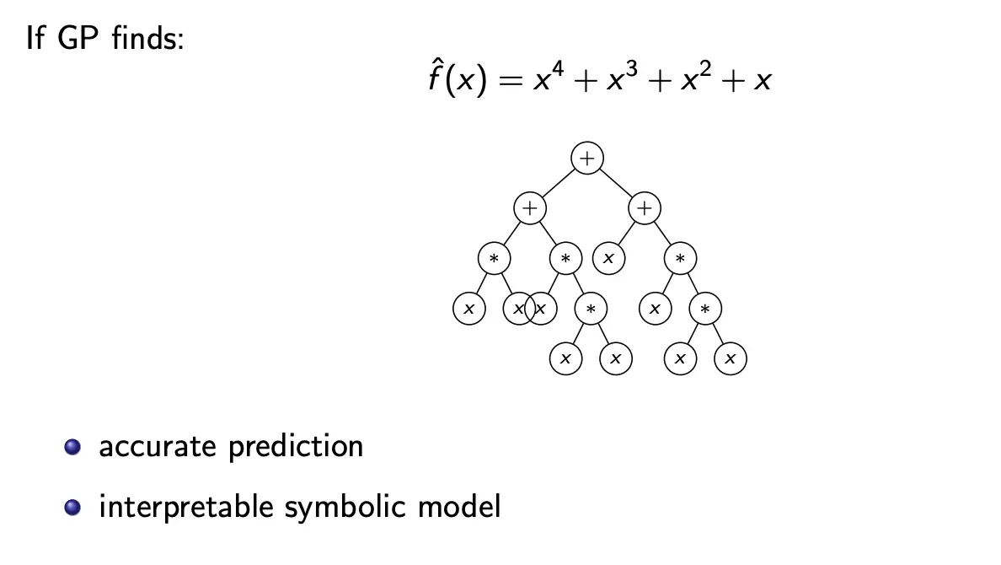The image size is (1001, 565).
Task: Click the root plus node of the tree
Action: (x=587, y=157)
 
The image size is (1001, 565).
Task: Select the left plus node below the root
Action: (x=529, y=207)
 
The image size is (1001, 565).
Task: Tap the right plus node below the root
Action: (x=645, y=207)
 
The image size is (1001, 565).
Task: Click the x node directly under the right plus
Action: (x=608, y=258)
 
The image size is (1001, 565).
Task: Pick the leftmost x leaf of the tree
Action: (x=469, y=309)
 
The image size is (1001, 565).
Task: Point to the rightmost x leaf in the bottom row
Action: (x=731, y=359)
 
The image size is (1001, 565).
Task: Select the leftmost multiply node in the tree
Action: (x=494, y=258)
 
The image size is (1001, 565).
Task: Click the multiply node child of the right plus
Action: (x=680, y=258)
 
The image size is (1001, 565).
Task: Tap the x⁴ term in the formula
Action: (x=549, y=81)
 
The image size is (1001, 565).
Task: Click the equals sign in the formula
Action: (x=506, y=84)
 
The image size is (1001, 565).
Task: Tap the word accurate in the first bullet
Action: (x=158, y=447)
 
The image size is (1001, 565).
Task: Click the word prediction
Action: (x=296, y=447)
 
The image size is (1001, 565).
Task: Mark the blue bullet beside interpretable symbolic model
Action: (x=74, y=507)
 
